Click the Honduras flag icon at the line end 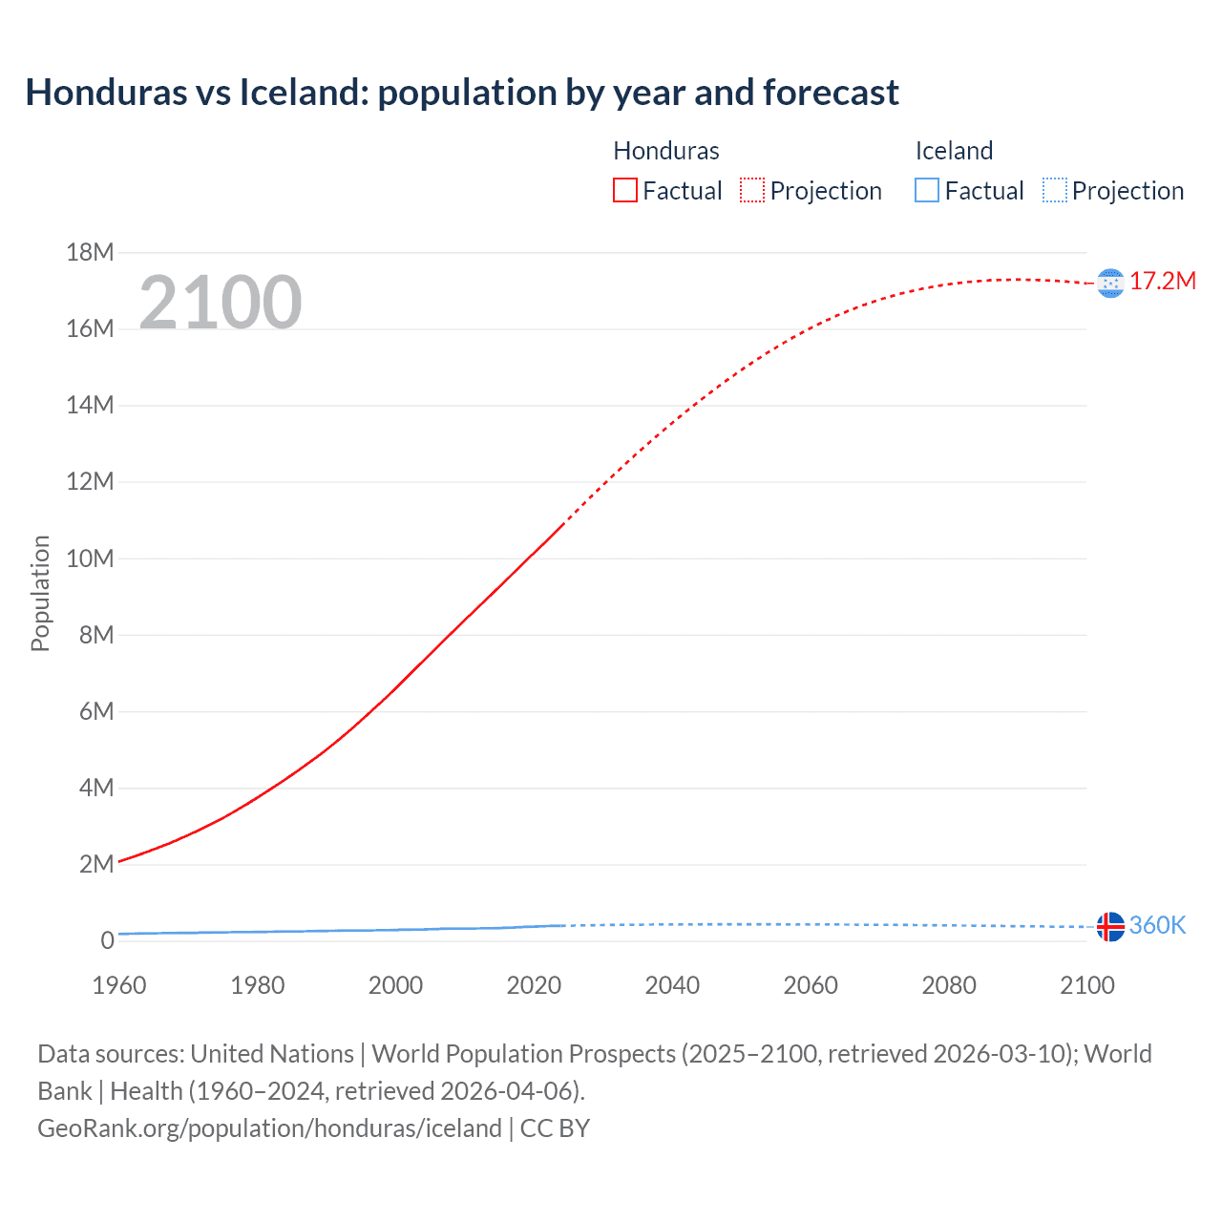(x=1110, y=283)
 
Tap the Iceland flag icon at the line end (x=1110, y=926)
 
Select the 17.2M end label (x=1163, y=282)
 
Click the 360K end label (x=1157, y=925)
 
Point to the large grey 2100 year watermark (x=221, y=303)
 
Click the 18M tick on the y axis (x=90, y=252)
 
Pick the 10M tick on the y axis (x=90, y=558)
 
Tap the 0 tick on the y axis (x=107, y=940)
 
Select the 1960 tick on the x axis (x=119, y=985)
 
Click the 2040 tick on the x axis (x=672, y=985)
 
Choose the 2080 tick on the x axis (x=949, y=985)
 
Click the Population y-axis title (x=40, y=593)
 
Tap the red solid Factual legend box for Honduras (x=625, y=191)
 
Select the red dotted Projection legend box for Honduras (x=752, y=191)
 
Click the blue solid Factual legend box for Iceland (x=927, y=191)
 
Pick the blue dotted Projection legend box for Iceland (x=1055, y=191)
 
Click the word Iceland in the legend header (x=954, y=151)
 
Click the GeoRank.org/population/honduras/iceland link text (x=269, y=1128)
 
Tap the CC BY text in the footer (x=555, y=1128)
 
